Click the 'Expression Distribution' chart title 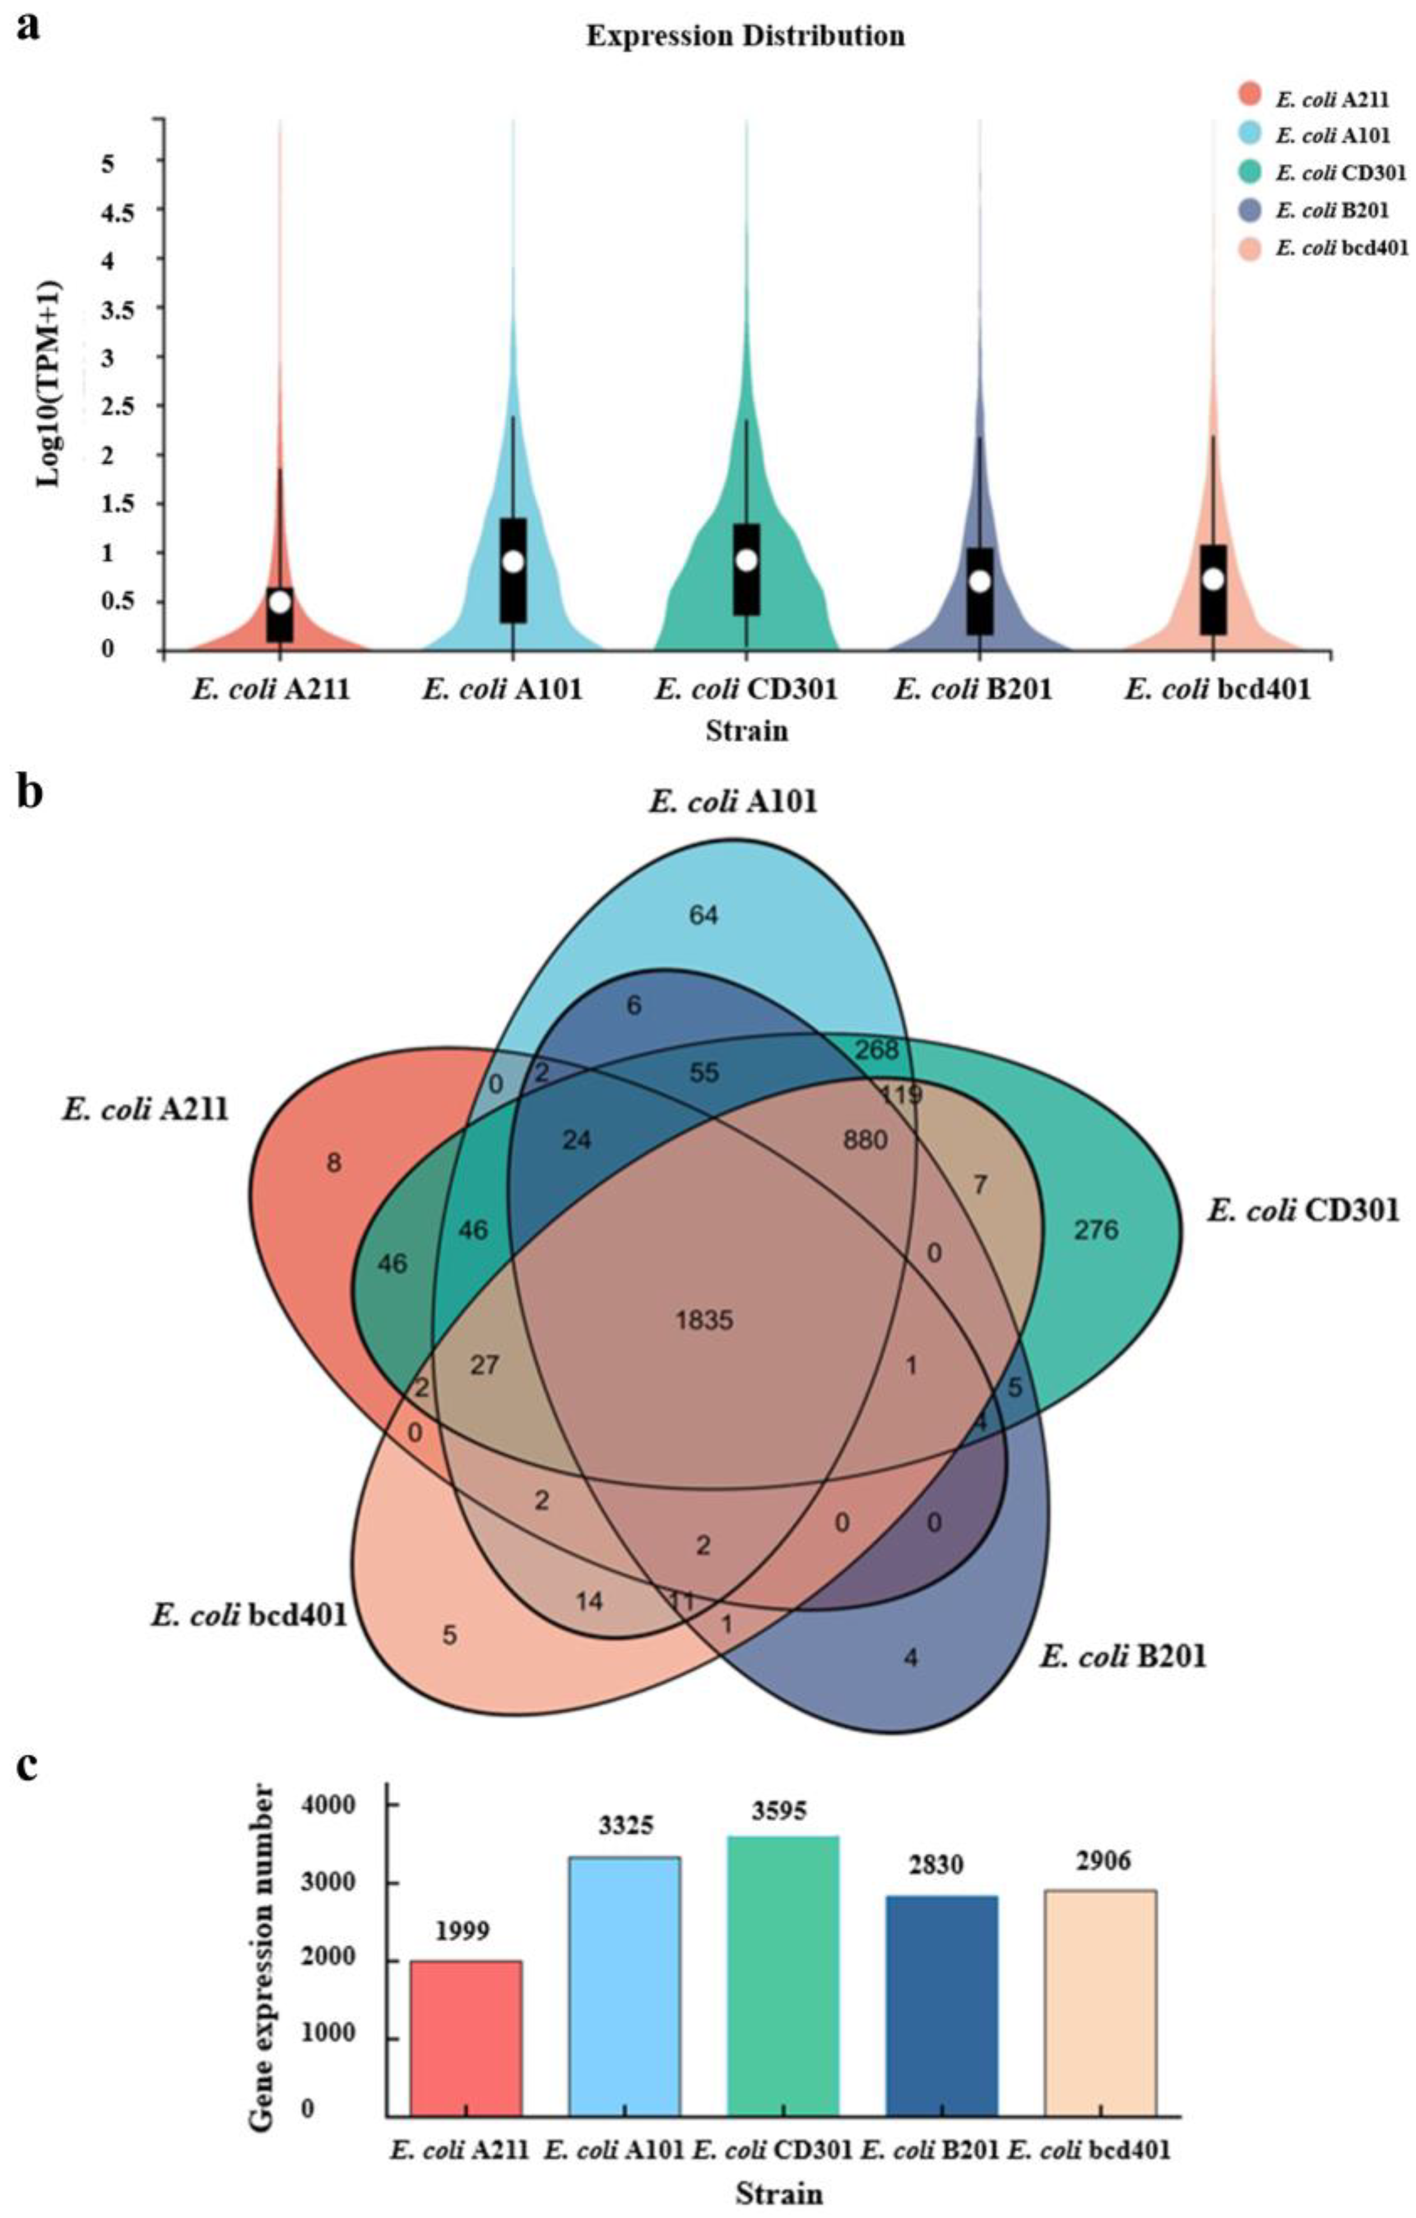click(x=745, y=36)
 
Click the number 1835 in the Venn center click(x=704, y=1320)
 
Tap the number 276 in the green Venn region click(x=1095, y=1230)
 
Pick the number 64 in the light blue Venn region click(x=704, y=915)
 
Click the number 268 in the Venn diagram click(x=876, y=1049)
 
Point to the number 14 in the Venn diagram click(x=589, y=1601)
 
